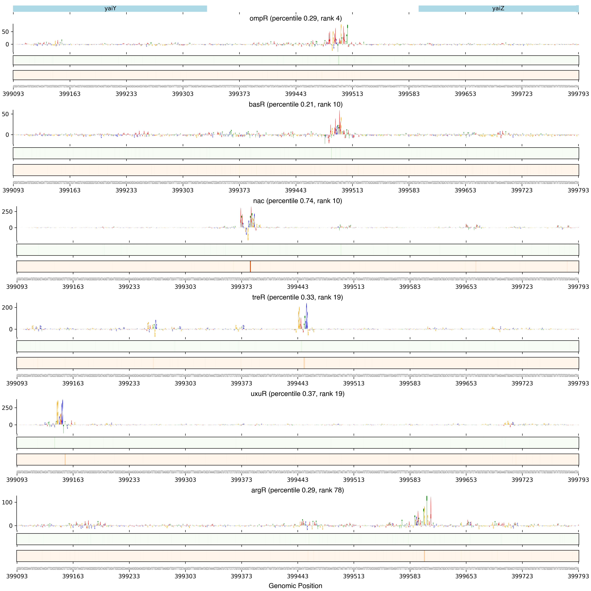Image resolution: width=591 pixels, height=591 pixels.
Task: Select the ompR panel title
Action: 296,18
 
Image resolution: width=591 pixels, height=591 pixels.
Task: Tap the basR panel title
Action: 296,104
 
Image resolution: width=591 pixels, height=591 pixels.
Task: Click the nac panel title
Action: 297,201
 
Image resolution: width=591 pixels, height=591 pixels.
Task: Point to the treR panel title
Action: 297,297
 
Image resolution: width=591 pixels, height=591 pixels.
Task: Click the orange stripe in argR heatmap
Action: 424,556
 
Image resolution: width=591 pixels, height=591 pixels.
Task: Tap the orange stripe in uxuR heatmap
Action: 65,460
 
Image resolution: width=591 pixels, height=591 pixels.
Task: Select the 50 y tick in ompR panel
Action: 5,32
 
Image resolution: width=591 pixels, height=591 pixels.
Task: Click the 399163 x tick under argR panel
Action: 73,576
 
